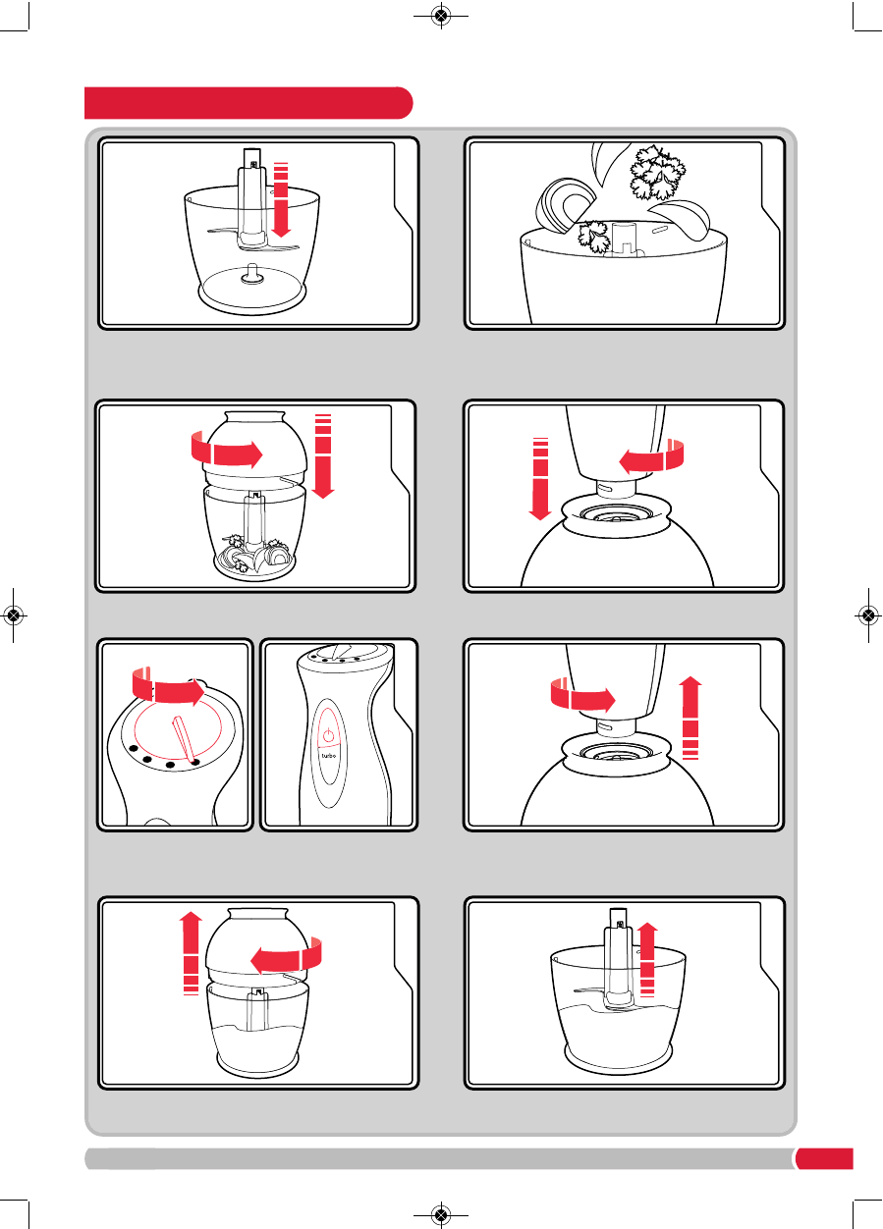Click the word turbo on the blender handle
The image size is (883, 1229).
click(328, 756)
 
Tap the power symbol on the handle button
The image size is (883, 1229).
click(328, 734)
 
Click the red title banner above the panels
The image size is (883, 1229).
click(248, 103)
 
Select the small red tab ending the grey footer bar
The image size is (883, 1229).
click(824, 1158)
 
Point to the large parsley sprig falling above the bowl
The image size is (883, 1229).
click(657, 172)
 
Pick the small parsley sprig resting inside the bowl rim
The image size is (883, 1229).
click(593, 236)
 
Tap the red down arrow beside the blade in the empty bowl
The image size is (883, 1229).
click(281, 199)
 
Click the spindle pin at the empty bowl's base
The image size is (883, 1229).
click(252, 273)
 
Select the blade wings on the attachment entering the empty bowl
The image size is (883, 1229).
click(253, 240)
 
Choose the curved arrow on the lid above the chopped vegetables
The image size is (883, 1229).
click(227, 450)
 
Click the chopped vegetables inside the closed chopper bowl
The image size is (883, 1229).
click(253, 556)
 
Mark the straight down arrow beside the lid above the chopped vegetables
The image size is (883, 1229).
click(323, 455)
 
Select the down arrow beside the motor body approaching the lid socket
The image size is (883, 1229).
click(540, 478)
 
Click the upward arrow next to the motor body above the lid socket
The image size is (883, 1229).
click(690, 718)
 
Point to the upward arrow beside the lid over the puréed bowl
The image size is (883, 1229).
click(192, 953)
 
